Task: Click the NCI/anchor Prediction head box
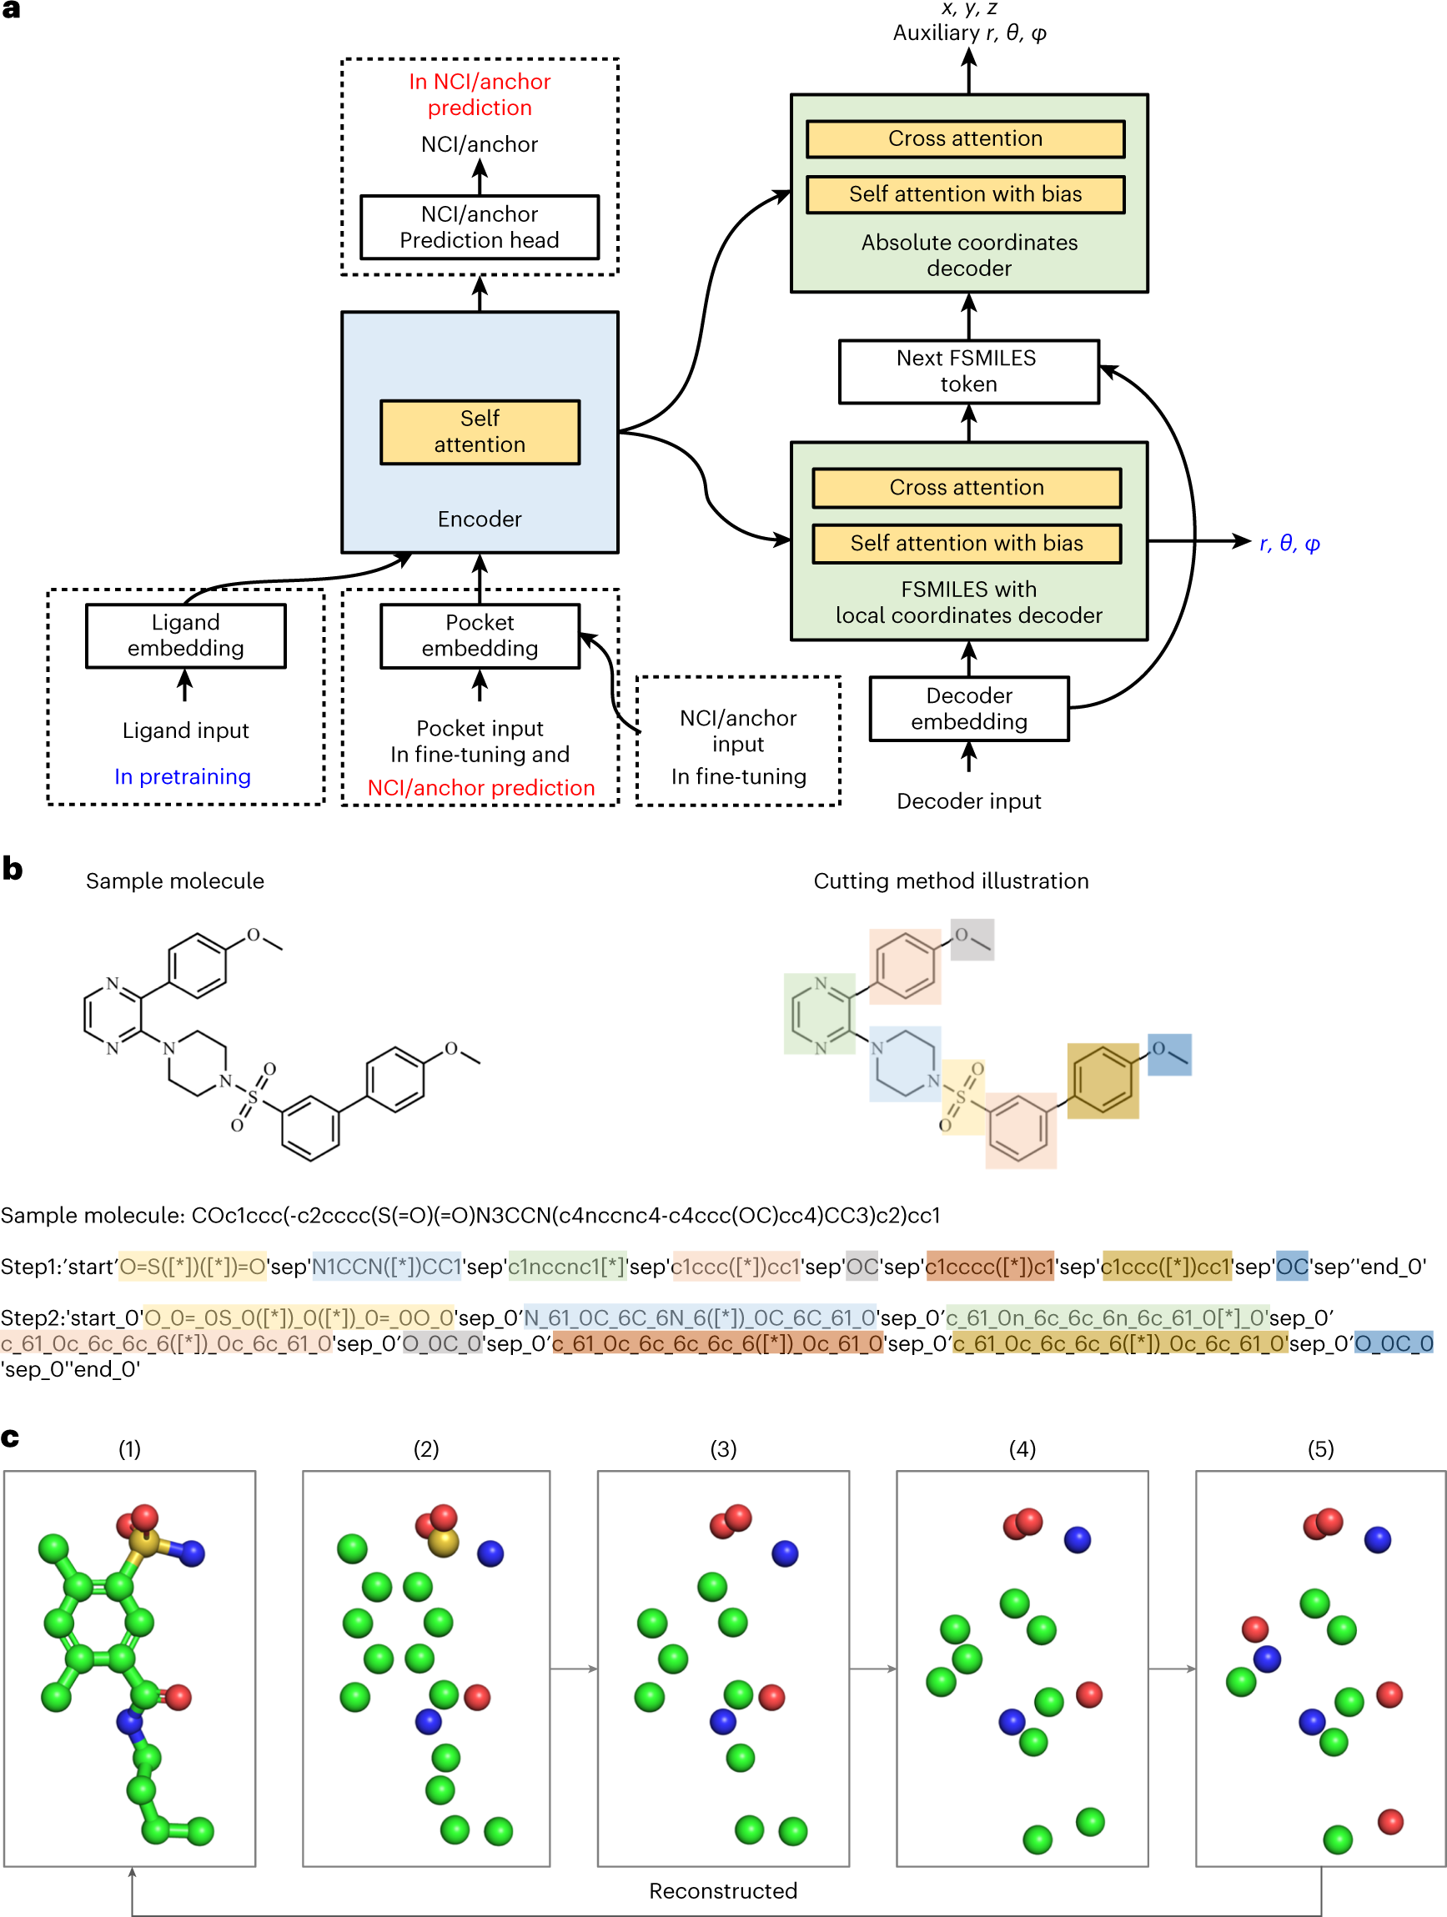(x=480, y=227)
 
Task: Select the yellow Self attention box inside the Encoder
(x=480, y=432)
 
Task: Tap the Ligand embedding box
(x=185, y=635)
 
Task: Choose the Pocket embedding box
(x=480, y=635)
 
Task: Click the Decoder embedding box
(x=969, y=709)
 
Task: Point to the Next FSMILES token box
(x=968, y=372)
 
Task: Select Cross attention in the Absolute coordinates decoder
(x=966, y=138)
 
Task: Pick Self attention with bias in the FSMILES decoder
(x=967, y=544)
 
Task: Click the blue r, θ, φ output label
(x=1289, y=544)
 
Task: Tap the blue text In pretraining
(x=183, y=776)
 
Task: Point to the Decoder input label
(x=969, y=800)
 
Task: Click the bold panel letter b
(x=13, y=867)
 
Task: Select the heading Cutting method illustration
(x=951, y=881)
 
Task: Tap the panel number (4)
(x=1022, y=1449)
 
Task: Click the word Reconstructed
(x=723, y=1891)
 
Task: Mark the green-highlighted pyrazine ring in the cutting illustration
(x=819, y=1014)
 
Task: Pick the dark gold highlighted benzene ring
(x=1103, y=1081)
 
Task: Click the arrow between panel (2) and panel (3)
(x=573, y=1669)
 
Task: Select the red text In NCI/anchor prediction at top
(x=480, y=94)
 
